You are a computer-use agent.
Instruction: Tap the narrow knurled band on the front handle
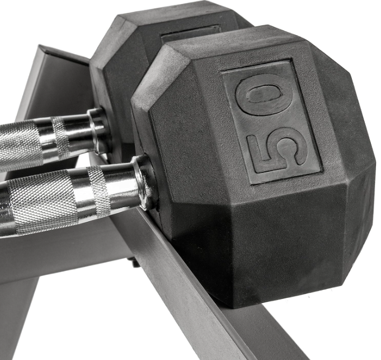[98, 191]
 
